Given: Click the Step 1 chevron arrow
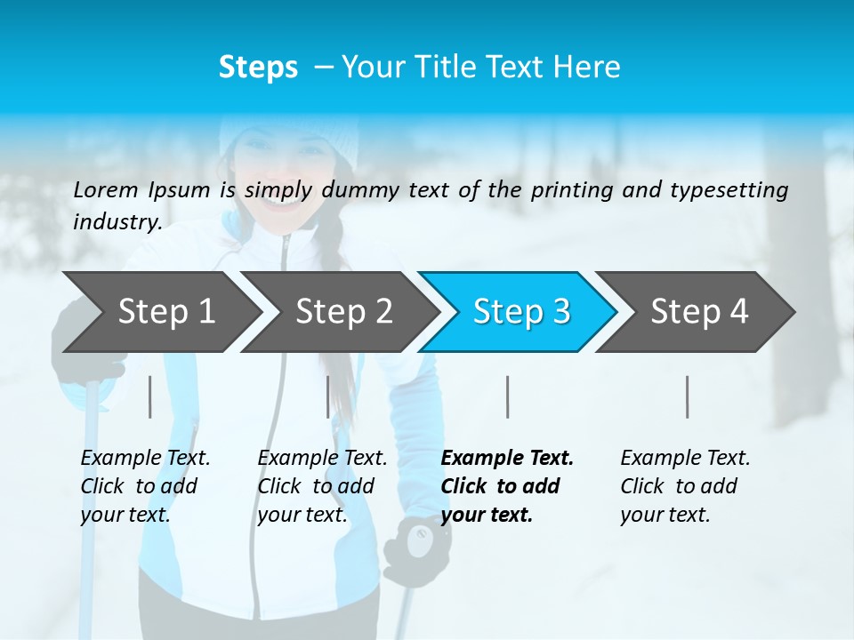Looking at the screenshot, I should pyautogui.click(x=165, y=311).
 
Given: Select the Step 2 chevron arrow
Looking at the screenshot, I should pyautogui.click(x=343, y=311).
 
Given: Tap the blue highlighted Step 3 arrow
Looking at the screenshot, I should pyautogui.click(x=521, y=311).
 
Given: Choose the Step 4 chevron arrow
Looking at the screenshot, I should pyautogui.click(x=699, y=311).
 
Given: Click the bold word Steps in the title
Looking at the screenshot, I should pyautogui.click(x=258, y=67).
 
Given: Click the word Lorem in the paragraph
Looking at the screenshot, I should pyautogui.click(x=105, y=189).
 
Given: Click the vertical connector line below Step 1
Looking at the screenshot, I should pyautogui.click(x=150, y=396).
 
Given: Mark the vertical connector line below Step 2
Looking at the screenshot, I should pyautogui.click(x=328, y=396).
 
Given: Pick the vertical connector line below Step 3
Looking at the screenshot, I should pyautogui.click(x=507, y=396).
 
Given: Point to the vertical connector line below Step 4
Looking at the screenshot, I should pyautogui.click(x=687, y=396).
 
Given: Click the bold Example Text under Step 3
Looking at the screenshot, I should pyautogui.click(x=507, y=459).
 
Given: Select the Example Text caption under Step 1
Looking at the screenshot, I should pyautogui.click(x=146, y=459).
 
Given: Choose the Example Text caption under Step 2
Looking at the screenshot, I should pyautogui.click(x=322, y=459).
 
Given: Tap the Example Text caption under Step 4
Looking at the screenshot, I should pyautogui.click(x=685, y=459).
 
